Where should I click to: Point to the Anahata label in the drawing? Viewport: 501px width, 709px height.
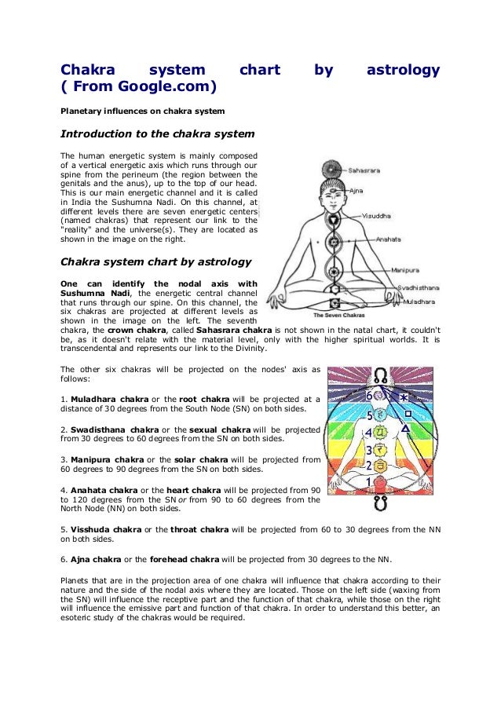[x=389, y=239]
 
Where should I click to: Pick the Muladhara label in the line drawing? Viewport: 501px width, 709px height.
[x=420, y=301]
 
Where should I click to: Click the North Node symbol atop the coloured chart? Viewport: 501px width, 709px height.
[x=382, y=375]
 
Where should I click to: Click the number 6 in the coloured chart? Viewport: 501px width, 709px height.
[x=368, y=397]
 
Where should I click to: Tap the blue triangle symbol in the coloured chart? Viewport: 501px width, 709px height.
[x=405, y=429]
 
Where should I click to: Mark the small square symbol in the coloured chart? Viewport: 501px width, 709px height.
[x=408, y=412]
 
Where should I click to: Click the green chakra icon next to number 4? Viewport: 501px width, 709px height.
[x=382, y=432]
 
